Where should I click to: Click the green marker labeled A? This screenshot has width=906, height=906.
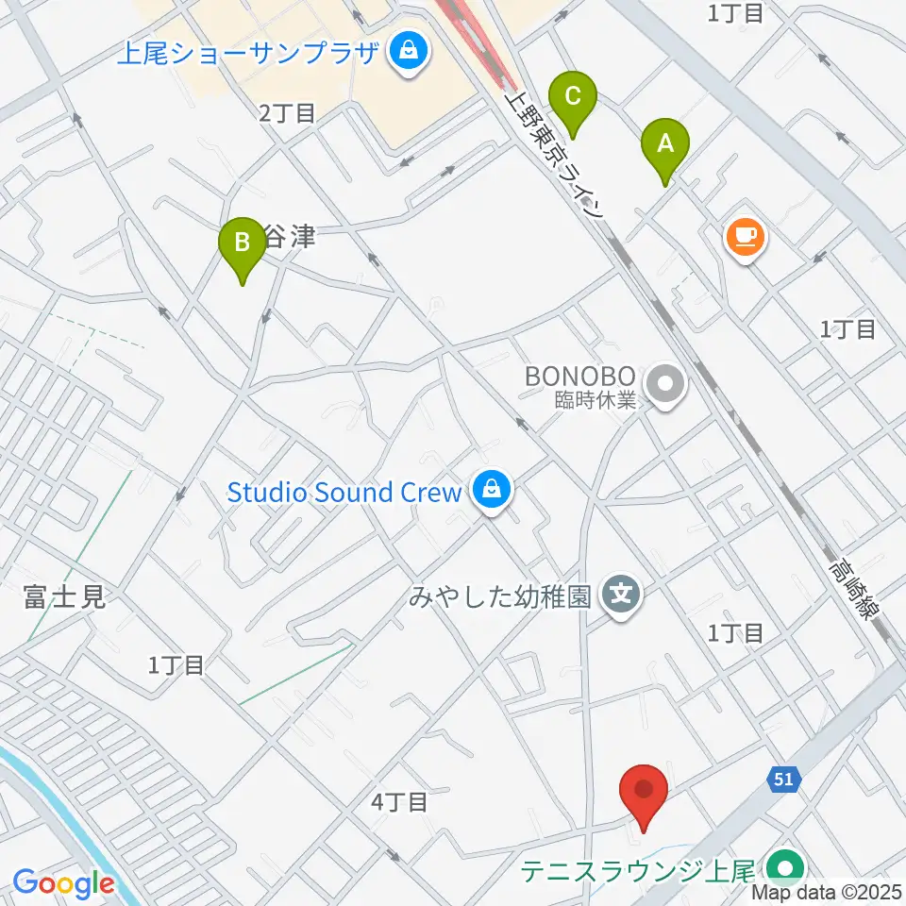[x=665, y=145]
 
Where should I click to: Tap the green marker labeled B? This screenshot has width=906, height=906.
[x=243, y=243]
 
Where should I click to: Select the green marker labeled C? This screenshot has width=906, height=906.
[x=572, y=96]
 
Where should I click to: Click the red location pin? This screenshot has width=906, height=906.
[x=645, y=791]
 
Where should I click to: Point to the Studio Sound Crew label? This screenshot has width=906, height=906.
[x=344, y=492]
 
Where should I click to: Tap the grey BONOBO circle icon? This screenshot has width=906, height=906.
[x=667, y=384]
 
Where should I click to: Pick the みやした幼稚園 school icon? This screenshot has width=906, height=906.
[x=622, y=596]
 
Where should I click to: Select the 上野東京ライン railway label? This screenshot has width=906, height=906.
[x=556, y=155]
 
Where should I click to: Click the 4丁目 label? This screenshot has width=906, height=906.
[x=400, y=803]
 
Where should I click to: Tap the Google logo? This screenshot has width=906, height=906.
[x=63, y=882]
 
